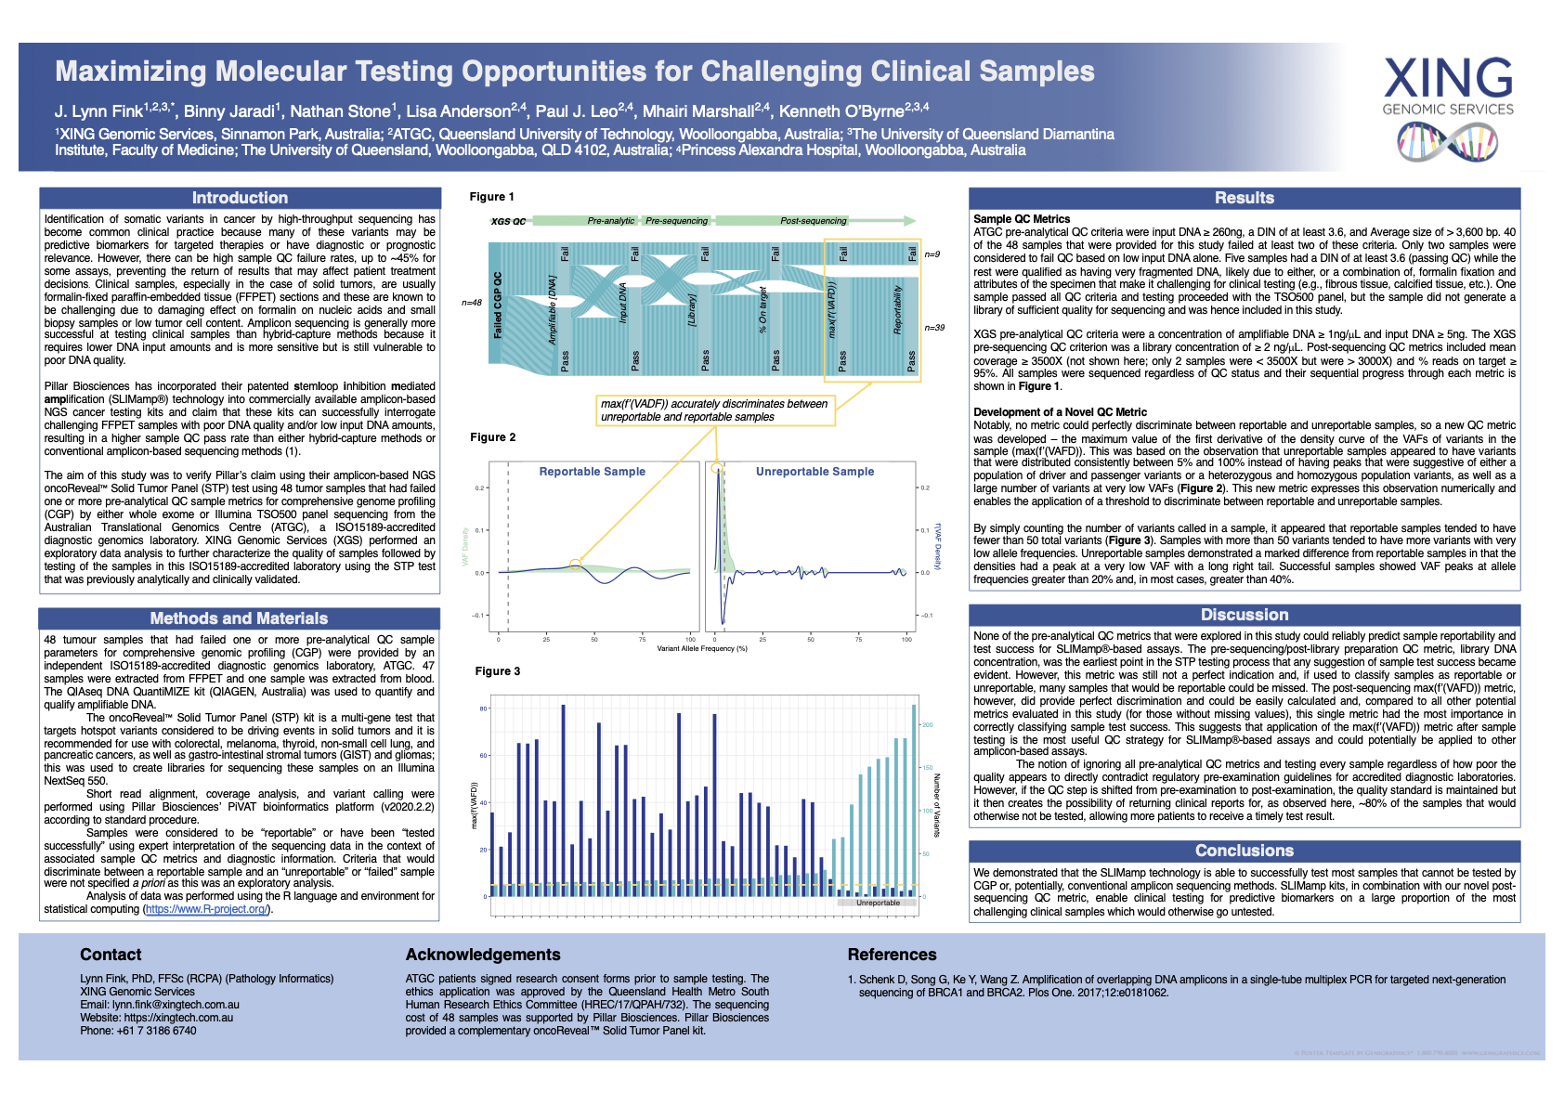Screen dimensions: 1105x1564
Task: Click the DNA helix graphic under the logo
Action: click(x=1447, y=141)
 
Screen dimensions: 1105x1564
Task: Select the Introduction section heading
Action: click(x=240, y=198)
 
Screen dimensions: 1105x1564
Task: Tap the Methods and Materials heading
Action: click(x=239, y=618)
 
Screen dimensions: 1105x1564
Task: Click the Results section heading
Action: click(x=1244, y=198)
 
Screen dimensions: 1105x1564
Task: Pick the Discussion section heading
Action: click(x=1244, y=615)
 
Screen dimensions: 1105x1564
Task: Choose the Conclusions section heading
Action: click(x=1244, y=851)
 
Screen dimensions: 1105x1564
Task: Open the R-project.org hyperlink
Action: click(x=207, y=909)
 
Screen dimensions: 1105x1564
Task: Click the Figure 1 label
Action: click(x=491, y=197)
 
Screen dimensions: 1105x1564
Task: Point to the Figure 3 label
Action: click(x=498, y=671)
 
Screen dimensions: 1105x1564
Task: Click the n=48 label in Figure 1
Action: click(x=472, y=303)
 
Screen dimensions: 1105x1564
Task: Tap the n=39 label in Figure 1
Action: click(x=934, y=328)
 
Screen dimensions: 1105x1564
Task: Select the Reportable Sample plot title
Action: click(x=592, y=472)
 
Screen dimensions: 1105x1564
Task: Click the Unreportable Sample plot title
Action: click(x=815, y=472)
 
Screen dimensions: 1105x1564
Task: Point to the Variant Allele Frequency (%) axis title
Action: click(x=702, y=648)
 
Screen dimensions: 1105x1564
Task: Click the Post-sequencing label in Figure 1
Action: click(x=813, y=221)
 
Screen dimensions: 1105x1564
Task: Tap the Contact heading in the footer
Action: click(x=111, y=955)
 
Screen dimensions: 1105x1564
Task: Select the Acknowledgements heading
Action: click(x=483, y=955)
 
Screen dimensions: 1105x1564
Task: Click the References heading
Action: click(x=892, y=955)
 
